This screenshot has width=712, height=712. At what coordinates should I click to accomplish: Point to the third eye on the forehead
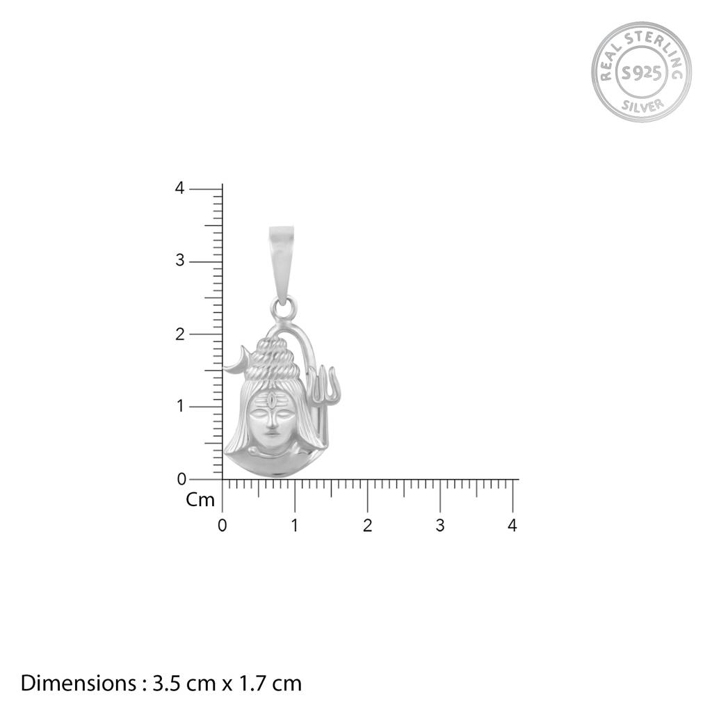click(271, 400)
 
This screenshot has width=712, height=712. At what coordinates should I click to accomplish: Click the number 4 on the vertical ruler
click(180, 188)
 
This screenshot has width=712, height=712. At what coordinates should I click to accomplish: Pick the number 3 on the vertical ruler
click(180, 261)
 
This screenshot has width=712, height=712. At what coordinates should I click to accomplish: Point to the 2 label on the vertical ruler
click(180, 334)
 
